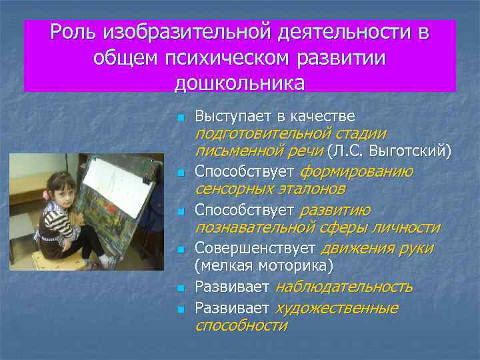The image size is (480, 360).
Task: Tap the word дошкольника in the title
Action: click(239, 83)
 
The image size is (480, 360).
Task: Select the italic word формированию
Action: click(356, 171)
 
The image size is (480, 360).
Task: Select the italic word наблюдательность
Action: click(343, 287)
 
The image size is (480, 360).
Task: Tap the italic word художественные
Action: click(337, 308)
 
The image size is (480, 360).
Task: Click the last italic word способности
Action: click(241, 325)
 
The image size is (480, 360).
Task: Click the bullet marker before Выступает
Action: click(179, 117)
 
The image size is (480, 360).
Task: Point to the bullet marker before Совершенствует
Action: click(179, 250)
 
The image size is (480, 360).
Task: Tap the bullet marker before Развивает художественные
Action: click(179, 309)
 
